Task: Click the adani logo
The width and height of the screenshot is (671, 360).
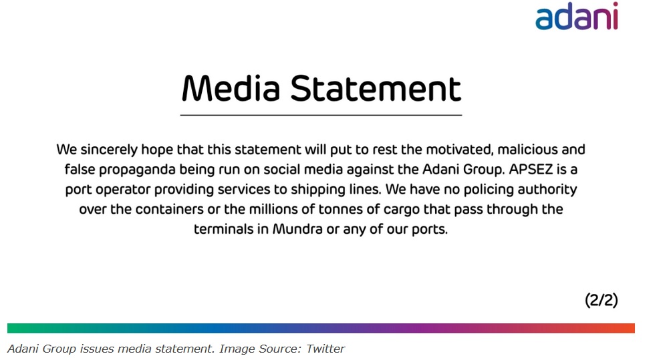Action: coord(576,16)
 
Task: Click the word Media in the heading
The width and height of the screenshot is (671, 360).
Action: coord(231,89)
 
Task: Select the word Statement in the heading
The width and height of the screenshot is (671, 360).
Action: coord(376,89)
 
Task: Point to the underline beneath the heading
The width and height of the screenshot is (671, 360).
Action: coord(321,115)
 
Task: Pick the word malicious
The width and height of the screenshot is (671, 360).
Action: coord(527,150)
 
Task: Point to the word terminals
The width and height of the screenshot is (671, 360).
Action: coord(223,229)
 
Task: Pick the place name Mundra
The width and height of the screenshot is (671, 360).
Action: coord(297,229)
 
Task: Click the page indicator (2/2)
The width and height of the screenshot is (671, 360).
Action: coord(601,300)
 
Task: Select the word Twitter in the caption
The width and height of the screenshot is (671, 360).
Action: coord(325,349)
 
